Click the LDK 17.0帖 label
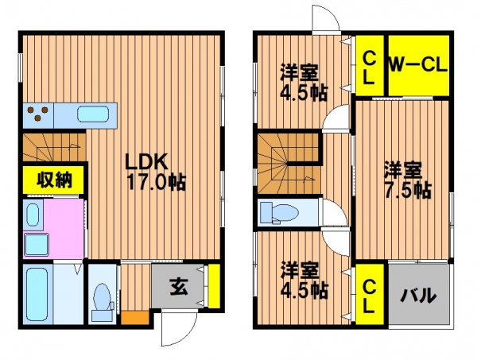coord(155,172)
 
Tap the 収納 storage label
coord(54,180)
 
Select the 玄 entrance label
coord(179,287)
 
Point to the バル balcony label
coord(418,295)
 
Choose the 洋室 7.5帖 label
coord(407,180)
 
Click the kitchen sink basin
coord(93,114)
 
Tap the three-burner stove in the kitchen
coord(38,113)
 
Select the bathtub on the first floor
coord(37,294)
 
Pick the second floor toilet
coord(279,213)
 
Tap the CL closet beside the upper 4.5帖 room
coord(370,66)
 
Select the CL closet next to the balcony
coord(370,294)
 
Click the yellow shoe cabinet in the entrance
coord(214,286)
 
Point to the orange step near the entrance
coord(135,317)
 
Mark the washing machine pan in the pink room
coord(37,245)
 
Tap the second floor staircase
coord(289,165)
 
